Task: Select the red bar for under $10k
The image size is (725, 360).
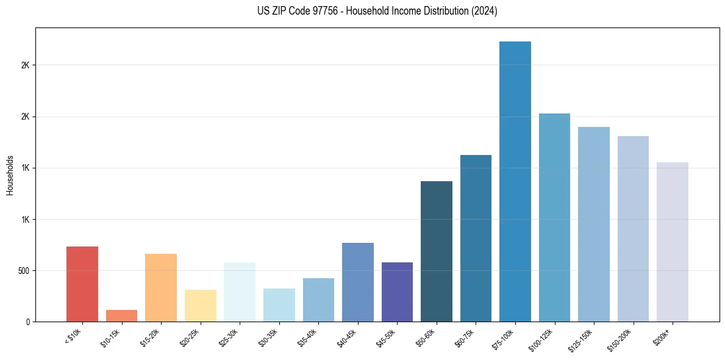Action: coord(82,284)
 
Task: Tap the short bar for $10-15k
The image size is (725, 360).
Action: coord(121,315)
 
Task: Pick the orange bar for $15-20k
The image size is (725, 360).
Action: coord(161,287)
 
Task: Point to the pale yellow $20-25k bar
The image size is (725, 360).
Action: coord(200,305)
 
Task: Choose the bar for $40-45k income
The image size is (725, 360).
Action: coord(358,282)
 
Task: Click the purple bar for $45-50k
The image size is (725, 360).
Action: coord(397,292)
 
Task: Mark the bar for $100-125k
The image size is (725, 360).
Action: coord(554,217)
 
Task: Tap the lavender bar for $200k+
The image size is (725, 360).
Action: coord(673,242)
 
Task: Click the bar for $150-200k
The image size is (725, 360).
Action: coord(633,229)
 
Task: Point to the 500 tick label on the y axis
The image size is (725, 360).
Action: coord(24,271)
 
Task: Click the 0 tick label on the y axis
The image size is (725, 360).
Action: coord(27,322)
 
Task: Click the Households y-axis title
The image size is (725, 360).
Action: coord(10,175)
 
